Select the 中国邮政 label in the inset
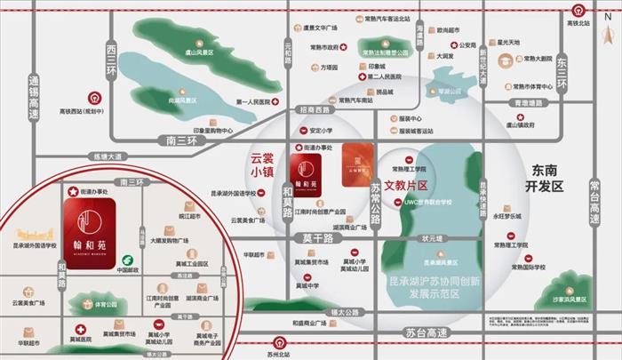[128, 270]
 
